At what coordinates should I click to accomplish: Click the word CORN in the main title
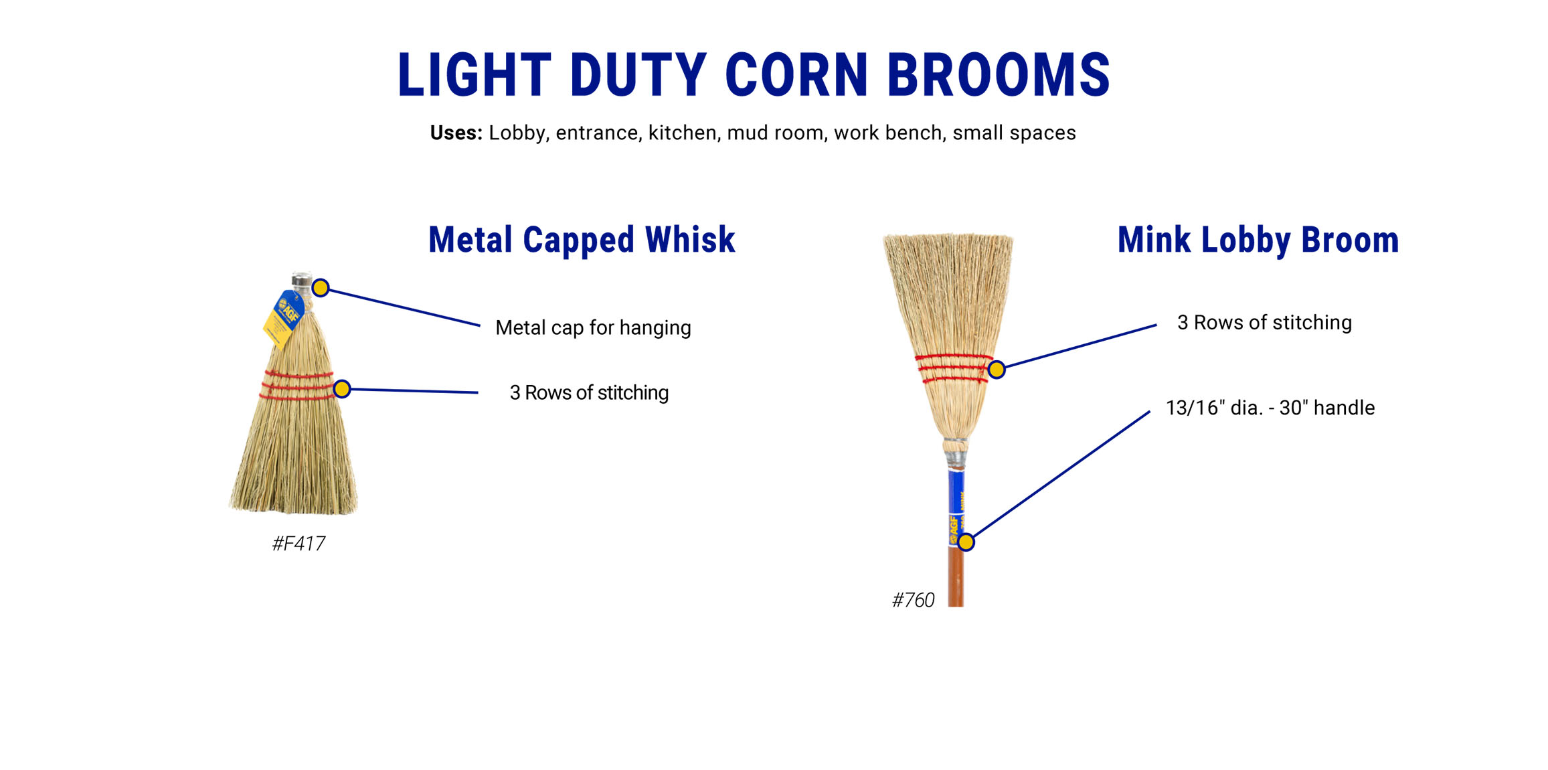pyautogui.click(x=796, y=74)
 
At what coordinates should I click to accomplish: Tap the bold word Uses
pyautogui.click(x=456, y=133)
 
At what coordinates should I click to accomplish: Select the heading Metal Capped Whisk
pyautogui.click(x=582, y=240)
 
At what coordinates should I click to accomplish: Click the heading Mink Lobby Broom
pyautogui.click(x=1258, y=240)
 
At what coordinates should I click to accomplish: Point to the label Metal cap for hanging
pyautogui.click(x=593, y=327)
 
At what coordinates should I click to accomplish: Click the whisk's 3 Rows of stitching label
pyautogui.click(x=589, y=392)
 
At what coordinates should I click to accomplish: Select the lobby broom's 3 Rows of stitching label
pyautogui.click(x=1264, y=322)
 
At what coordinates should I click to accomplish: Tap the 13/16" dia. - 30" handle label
pyautogui.click(x=1270, y=407)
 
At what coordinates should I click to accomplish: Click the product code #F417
pyautogui.click(x=298, y=543)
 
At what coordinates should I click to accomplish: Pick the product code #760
pyautogui.click(x=913, y=599)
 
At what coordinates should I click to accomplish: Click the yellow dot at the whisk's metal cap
pyautogui.click(x=321, y=288)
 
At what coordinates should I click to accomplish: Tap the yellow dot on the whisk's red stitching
pyautogui.click(x=342, y=389)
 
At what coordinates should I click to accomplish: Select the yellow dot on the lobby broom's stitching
pyautogui.click(x=997, y=370)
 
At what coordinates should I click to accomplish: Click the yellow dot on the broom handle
pyautogui.click(x=966, y=542)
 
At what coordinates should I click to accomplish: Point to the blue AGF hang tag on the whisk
pyautogui.click(x=284, y=319)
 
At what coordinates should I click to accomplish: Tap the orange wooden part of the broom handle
pyautogui.click(x=956, y=576)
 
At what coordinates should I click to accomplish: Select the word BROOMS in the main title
pyautogui.click(x=999, y=74)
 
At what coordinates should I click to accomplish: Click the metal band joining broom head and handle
pyautogui.click(x=955, y=460)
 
